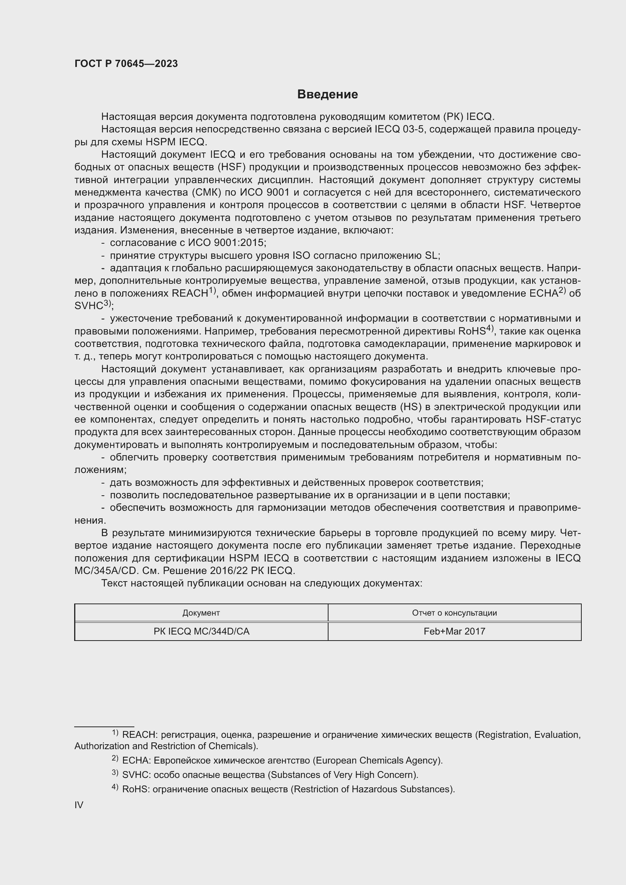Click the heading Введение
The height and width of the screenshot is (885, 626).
(x=327, y=95)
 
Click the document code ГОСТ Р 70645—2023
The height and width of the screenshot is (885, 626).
(x=126, y=64)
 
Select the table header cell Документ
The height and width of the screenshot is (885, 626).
(x=201, y=613)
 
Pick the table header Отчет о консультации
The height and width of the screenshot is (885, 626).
(x=454, y=613)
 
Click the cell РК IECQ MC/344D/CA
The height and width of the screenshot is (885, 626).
(x=201, y=631)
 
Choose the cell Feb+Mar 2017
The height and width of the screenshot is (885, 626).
(x=454, y=631)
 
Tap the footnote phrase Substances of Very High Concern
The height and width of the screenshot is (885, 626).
(x=342, y=775)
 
